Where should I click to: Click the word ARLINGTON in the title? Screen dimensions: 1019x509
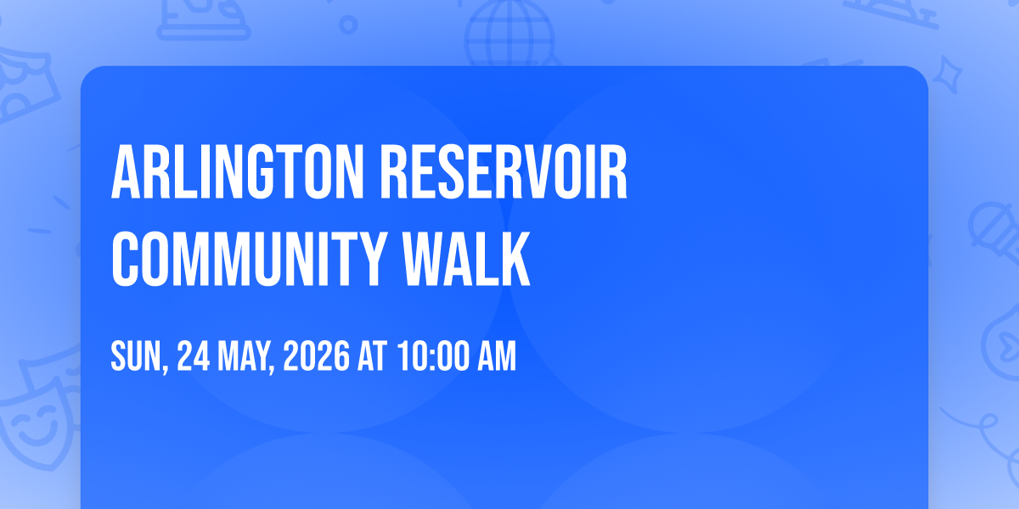tap(238, 172)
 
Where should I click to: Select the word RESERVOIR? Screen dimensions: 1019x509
tap(504, 172)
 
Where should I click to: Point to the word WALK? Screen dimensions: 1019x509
tap(467, 259)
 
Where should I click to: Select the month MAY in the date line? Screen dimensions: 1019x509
tap(245, 357)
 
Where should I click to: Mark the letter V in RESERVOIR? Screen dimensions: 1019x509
tap(542, 172)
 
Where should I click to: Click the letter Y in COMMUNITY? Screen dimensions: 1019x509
tap(371, 259)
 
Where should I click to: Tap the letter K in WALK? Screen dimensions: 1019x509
tap(515, 259)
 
